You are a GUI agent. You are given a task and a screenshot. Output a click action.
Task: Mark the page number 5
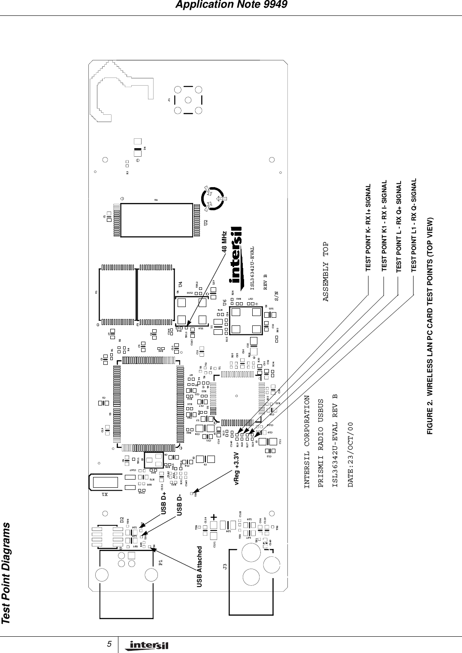[110, 644]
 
